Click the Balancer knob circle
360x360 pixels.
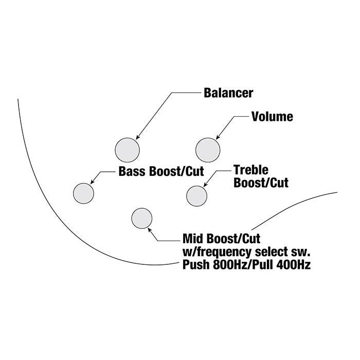pos(127,150)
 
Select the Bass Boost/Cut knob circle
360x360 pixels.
pos(83,193)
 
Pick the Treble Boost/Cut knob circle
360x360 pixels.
pos(196,195)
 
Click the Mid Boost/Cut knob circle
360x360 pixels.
pos(142,218)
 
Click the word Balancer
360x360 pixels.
pos(228,93)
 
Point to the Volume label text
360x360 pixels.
pos(272,117)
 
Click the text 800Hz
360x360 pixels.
pos(225,265)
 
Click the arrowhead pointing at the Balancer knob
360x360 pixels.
pos(136,137)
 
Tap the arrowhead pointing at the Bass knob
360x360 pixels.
pos(92,182)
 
